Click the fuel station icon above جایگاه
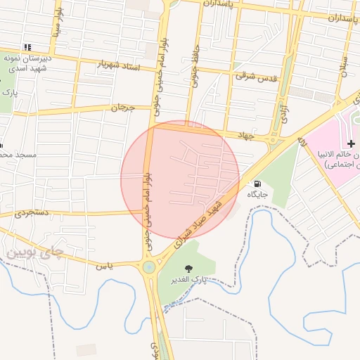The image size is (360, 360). [x=256, y=184]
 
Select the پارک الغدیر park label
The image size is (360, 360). [x=189, y=280]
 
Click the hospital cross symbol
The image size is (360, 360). [x=352, y=143]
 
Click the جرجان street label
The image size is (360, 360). [x=122, y=108]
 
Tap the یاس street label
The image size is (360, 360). [x=104, y=265]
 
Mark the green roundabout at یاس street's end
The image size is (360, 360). [x=148, y=266]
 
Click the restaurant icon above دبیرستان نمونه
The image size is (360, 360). [x=27, y=46]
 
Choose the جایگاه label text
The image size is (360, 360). [x=257, y=193]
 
